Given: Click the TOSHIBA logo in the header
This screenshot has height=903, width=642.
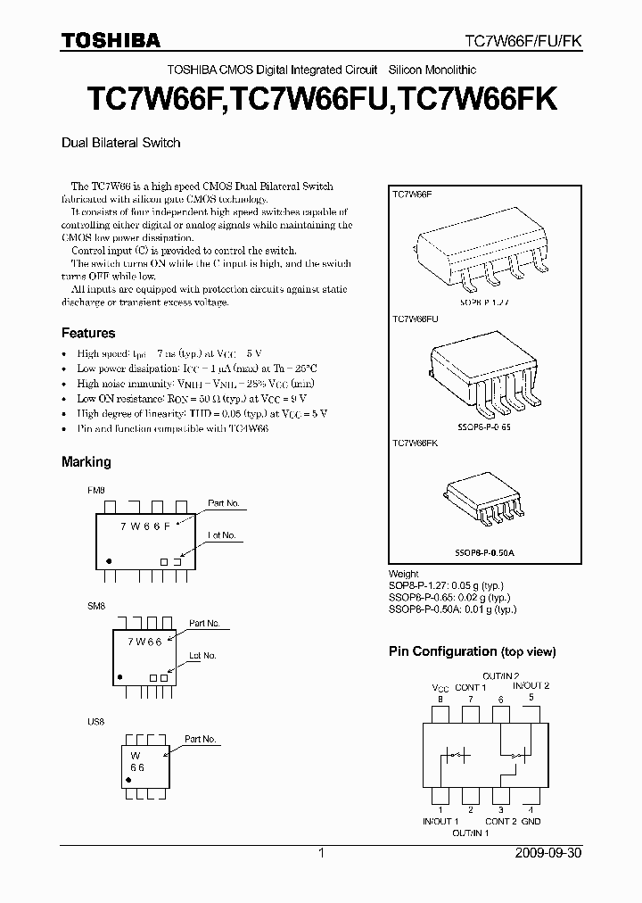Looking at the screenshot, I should (111, 40).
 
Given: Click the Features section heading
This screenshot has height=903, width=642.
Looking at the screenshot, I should (87, 333).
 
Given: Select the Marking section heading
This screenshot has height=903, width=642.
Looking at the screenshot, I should (86, 461).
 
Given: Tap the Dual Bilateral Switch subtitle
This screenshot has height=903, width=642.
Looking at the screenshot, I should (120, 142).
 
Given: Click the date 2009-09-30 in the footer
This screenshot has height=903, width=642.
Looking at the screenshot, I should (547, 853).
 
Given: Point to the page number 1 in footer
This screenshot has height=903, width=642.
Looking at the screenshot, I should (321, 853).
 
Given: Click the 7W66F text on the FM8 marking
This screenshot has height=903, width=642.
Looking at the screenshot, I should (147, 526).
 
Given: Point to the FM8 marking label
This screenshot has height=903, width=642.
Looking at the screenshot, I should (95, 491).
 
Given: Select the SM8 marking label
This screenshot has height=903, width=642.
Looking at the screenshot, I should (95, 606).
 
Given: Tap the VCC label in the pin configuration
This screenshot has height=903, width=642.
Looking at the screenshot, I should (440, 687).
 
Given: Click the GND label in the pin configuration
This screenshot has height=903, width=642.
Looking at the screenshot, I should (531, 821).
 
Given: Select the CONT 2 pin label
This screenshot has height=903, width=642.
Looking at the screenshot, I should (498, 821).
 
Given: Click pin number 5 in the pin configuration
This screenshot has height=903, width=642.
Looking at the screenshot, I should (531, 697).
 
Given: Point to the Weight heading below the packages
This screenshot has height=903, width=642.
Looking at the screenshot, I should (403, 574).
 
